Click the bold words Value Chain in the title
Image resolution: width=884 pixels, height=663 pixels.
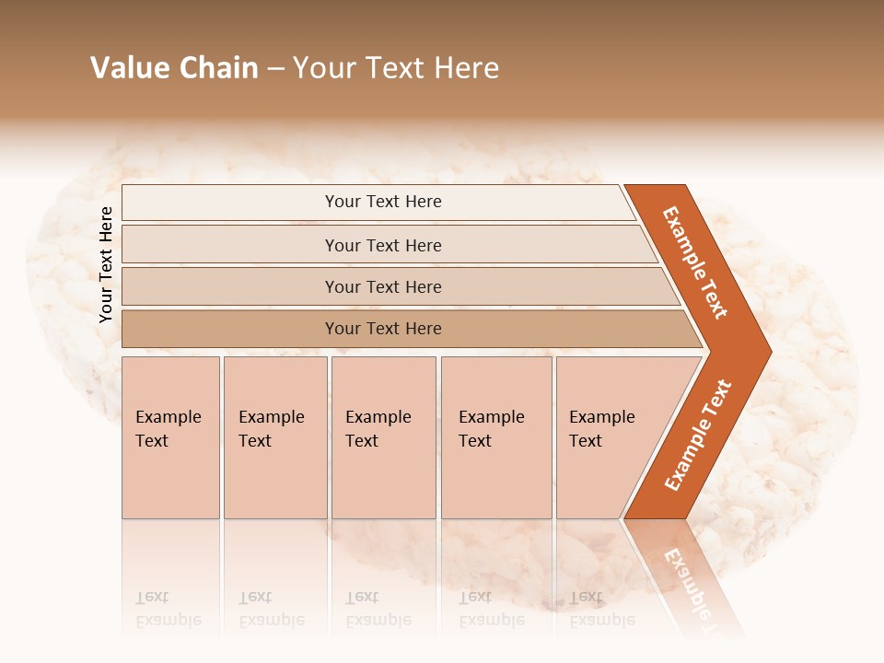click(174, 68)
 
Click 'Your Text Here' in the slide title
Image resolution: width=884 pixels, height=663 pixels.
click(396, 68)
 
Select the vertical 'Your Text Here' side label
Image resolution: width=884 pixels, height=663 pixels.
click(106, 264)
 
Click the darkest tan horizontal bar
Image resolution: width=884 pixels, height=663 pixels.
click(230, 329)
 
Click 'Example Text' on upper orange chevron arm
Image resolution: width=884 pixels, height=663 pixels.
click(695, 262)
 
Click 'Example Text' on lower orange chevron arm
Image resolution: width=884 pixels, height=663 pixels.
click(698, 436)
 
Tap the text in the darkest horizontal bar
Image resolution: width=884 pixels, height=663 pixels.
click(383, 329)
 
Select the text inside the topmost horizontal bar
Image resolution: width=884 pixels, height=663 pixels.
click(383, 202)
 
